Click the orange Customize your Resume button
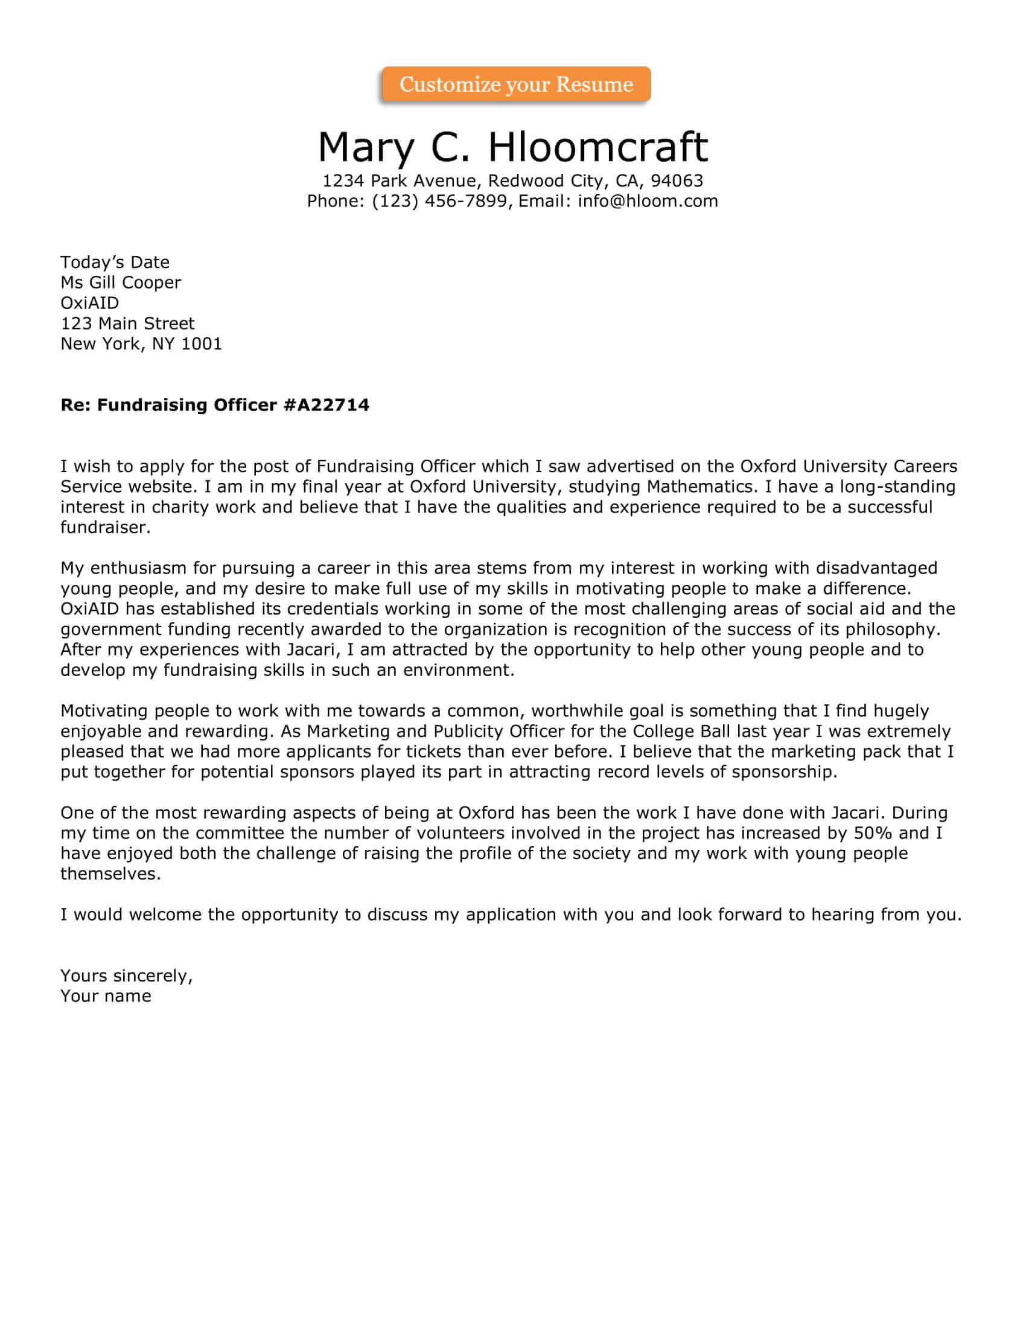point(516,84)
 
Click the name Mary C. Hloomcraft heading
point(512,147)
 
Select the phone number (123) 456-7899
point(439,201)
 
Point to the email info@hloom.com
point(648,201)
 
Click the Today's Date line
point(115,262)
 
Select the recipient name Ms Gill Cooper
point(120,283)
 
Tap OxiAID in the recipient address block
point(89,303)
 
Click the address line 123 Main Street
point(127,324)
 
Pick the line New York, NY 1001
point(141,344)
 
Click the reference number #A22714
point(326,405)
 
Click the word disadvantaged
point(876,568)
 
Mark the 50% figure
point(873,833)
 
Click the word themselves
point(110,874)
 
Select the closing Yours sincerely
point(126,976)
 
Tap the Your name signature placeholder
point(106,996)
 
